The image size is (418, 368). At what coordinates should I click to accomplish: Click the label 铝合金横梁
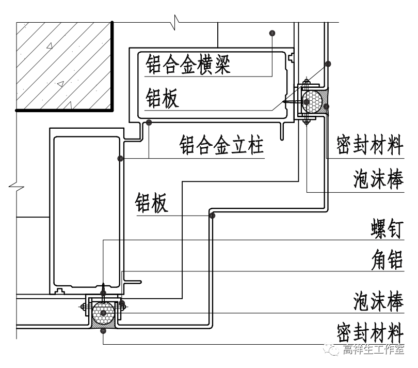[x=187, y=65]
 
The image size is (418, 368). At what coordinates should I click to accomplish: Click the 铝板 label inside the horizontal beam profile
[x=162, y=98]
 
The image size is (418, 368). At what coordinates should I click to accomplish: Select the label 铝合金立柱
[x=222, y=146]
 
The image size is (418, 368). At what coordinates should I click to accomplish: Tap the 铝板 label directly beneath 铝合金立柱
[x=152, y=203]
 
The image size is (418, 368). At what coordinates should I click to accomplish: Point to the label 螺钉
[x=387, y=231]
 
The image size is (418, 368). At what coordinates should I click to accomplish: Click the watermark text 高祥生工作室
[x=373, y=350]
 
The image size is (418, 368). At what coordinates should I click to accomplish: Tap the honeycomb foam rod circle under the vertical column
[x=104, y=312]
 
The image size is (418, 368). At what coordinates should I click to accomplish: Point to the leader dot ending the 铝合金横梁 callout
[x=272, y=33]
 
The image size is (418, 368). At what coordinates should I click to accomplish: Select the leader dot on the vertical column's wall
[x=120, y=158]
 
